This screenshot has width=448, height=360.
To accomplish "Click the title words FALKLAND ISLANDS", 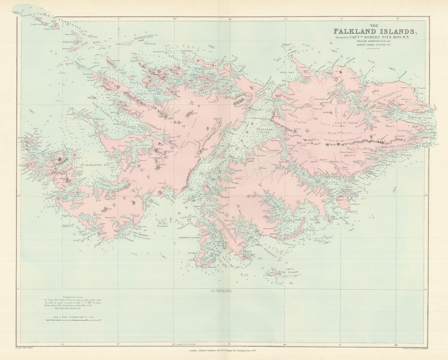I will pyautogui.click(x=375, y=31).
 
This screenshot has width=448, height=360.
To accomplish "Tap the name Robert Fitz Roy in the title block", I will pyautogui.click(x=385, y=38).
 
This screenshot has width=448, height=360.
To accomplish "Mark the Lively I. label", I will pyautogui.click(x=354, y=204).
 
